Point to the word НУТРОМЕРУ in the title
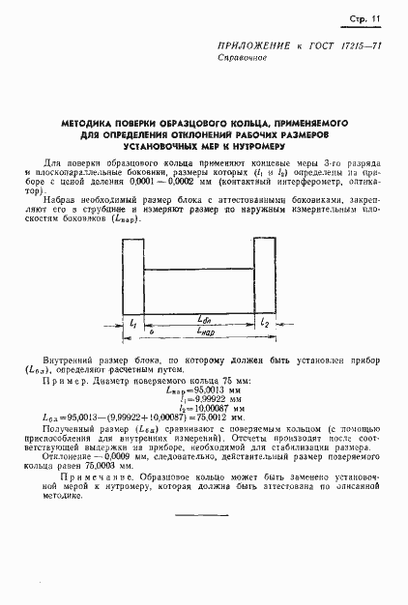click(281, 148)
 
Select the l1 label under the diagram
click(132, 320)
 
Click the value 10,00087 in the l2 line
click(222, 408)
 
